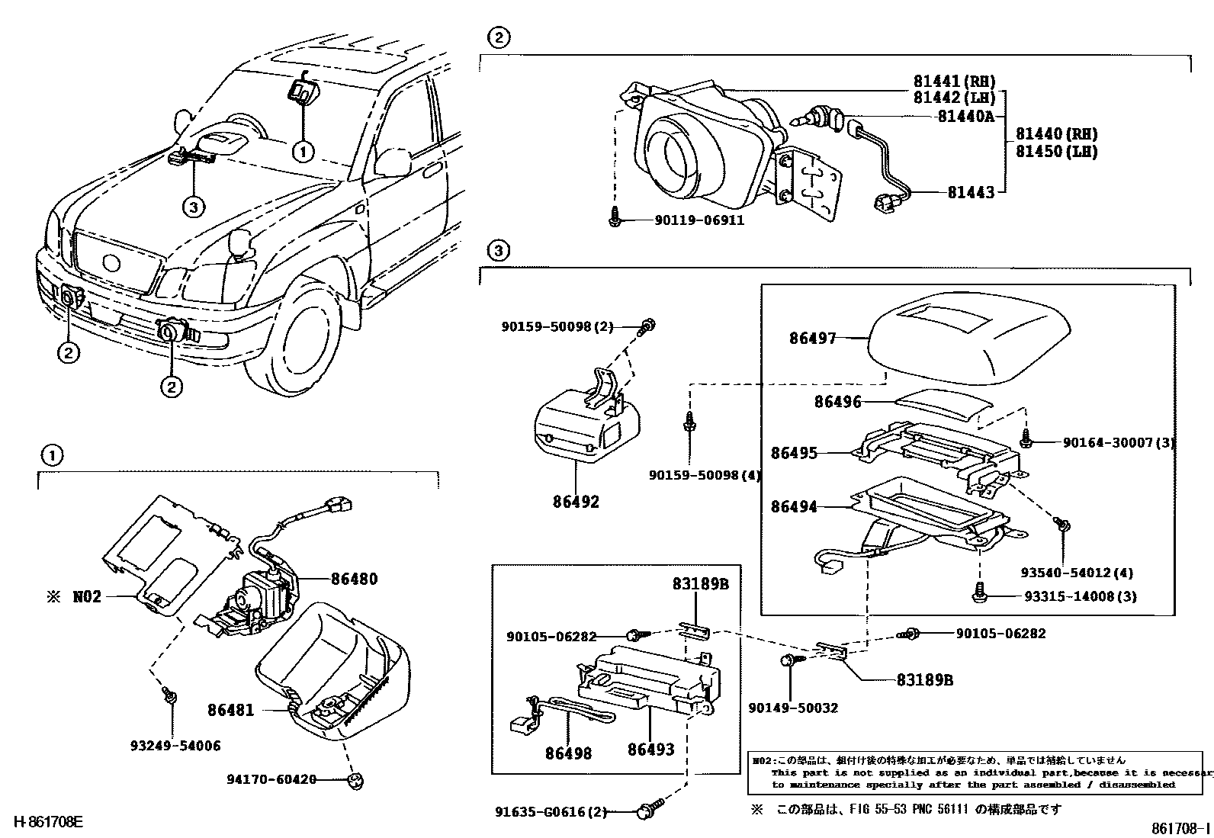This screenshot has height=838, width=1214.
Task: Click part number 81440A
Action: click(965, 116)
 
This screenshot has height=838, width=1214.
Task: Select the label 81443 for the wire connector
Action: click(971, 193)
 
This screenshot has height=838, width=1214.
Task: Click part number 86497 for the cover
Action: click(813, 338)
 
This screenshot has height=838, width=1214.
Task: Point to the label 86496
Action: click(837, 402)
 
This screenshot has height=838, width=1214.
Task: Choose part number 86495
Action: click(794, 453)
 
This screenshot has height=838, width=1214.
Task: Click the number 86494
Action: click(794, 506)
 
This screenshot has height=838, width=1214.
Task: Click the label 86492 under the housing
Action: click(576, 502)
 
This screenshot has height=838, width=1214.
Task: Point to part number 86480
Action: click(354, 579)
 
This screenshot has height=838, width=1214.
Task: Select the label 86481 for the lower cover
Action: click(230, 710)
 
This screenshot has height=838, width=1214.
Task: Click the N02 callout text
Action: click(86, 597)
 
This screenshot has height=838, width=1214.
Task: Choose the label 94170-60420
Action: click(271, 779)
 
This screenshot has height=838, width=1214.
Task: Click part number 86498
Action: click(568, 753)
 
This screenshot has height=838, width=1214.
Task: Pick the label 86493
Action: click(650, 750)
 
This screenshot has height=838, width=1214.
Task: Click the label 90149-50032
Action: click(793, 708)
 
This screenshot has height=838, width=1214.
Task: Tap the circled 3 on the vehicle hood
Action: click(193, 206)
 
